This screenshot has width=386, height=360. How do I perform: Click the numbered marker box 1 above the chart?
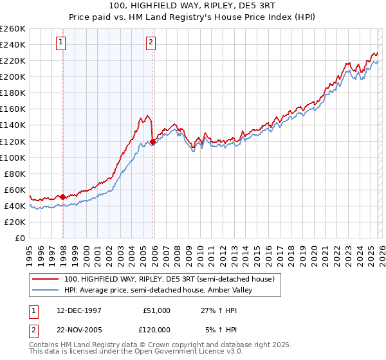[x=60, y=43]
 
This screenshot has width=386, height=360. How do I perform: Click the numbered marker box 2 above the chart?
[x=151, y=43]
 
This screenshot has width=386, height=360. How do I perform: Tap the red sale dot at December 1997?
[x=63, y=197]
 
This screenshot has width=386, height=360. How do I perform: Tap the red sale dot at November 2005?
[x=152, y=141]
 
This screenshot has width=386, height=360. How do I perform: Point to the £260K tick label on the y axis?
[x=13, y=29]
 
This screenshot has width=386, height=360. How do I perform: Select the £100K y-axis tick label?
[x=13, y=157]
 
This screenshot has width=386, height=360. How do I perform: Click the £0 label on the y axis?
[x=20, y=238]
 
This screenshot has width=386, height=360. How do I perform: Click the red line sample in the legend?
[x=46, y=279]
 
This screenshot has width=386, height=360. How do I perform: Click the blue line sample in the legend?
[x=46, y=290]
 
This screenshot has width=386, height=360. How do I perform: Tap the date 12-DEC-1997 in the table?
[x=75, y=310]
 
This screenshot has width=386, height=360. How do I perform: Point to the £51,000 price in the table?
[x=156, y=310]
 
